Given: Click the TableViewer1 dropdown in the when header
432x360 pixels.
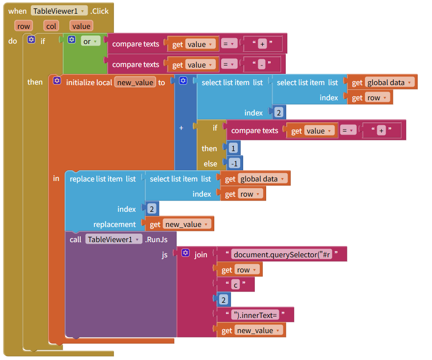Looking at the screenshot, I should coord(59,11).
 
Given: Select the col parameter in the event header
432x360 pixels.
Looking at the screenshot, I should coord(52,26).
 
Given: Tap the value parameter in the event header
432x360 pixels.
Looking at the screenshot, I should coord(81,26).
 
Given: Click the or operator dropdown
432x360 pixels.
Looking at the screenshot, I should coord(91,42).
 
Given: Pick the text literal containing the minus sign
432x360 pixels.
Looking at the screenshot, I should coord(262,65).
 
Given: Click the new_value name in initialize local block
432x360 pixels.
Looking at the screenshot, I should coord(136,83).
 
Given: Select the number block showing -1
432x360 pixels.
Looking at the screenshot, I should coord(234,163).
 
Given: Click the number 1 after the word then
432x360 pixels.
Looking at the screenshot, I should coord(232,148).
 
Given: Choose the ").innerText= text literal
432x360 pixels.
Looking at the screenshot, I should coord(256,315).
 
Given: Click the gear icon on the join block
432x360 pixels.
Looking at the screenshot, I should coord(185,253).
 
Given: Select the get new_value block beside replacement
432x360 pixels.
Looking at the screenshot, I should coord(181,224).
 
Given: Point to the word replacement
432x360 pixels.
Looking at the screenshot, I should coord(114,224).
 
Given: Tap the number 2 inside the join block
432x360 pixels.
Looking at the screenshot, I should coord(224,299).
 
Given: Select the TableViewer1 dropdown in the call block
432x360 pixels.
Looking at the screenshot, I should coord(114,239).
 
